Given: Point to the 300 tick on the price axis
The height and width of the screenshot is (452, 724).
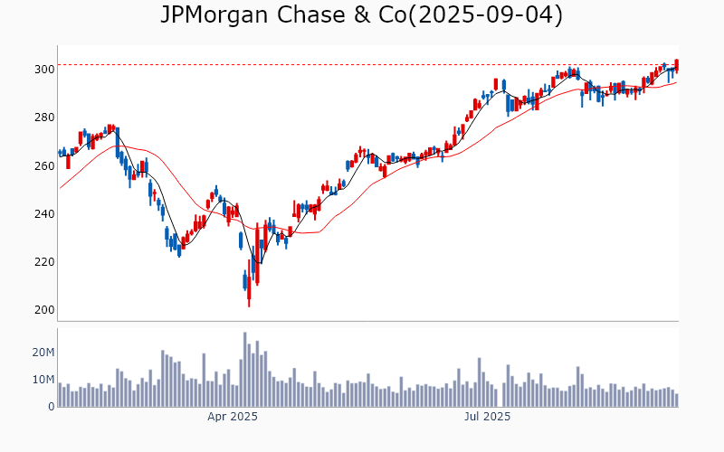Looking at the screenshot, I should point(43,69).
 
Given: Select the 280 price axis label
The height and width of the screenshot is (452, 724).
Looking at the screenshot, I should point(43,118).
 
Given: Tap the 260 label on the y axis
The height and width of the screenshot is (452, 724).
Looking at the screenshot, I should point(43,165).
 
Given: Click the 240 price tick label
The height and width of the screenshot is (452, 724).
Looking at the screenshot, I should point(43,213).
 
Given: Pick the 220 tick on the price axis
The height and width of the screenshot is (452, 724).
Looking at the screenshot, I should point(43,262).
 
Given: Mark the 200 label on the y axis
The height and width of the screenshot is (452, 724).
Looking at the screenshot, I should point(43,310).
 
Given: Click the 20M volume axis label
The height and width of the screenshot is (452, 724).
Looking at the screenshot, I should point(42,352).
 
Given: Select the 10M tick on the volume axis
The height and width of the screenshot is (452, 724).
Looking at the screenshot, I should point(42,379).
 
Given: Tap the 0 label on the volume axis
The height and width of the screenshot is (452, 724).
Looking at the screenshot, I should point(51,407).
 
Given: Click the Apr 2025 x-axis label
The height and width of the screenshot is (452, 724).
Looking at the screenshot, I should point(233,417).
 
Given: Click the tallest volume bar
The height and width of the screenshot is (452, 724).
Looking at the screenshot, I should point(244,369).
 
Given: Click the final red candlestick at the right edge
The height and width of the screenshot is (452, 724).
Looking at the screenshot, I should point(676,65).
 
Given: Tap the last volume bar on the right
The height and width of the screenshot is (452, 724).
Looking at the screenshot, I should point(676,400).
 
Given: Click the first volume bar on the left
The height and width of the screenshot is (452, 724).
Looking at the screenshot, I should point(60,395).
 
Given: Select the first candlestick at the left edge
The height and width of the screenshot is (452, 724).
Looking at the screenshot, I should point(60,153).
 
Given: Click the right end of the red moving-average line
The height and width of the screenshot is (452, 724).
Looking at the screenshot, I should point(676,83).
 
